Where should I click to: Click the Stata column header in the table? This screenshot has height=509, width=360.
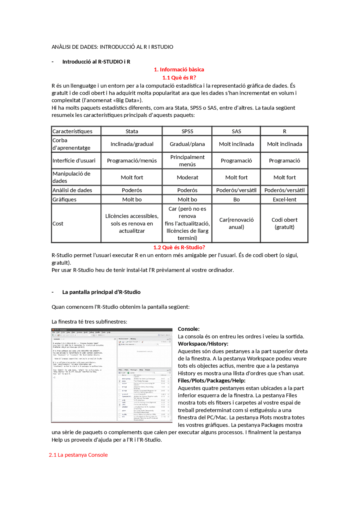click(132, 131)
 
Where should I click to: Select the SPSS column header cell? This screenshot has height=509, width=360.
click(187, 131)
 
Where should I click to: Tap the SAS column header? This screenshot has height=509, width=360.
click(236, 131)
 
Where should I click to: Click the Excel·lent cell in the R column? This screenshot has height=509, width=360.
click(284, 200)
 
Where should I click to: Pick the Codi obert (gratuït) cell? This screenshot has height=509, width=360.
click(284, 223)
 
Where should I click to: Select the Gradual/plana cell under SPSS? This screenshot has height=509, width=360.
click(187, 144)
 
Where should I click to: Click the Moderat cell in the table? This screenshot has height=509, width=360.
click(187, 177)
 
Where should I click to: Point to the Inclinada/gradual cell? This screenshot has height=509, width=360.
click(132, 144)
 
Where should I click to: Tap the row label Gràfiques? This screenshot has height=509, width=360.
click(64, 200)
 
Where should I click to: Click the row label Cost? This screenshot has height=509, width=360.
click(58, 224)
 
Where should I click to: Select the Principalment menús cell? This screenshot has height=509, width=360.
click(187, 161)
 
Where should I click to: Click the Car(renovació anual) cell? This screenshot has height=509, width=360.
click(236, 223)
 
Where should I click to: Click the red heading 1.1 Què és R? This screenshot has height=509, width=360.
click(179, 78)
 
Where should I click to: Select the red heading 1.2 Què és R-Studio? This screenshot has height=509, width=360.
click(179, 247)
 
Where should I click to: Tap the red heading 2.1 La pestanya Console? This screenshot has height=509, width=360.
click(78, 455)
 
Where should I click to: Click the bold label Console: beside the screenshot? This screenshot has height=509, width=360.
click(189, 329)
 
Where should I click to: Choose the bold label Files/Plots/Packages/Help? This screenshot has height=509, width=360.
click(211, 381)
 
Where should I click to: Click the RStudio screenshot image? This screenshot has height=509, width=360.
click(112, 375)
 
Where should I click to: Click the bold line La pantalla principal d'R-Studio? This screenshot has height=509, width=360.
click(101, 292)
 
